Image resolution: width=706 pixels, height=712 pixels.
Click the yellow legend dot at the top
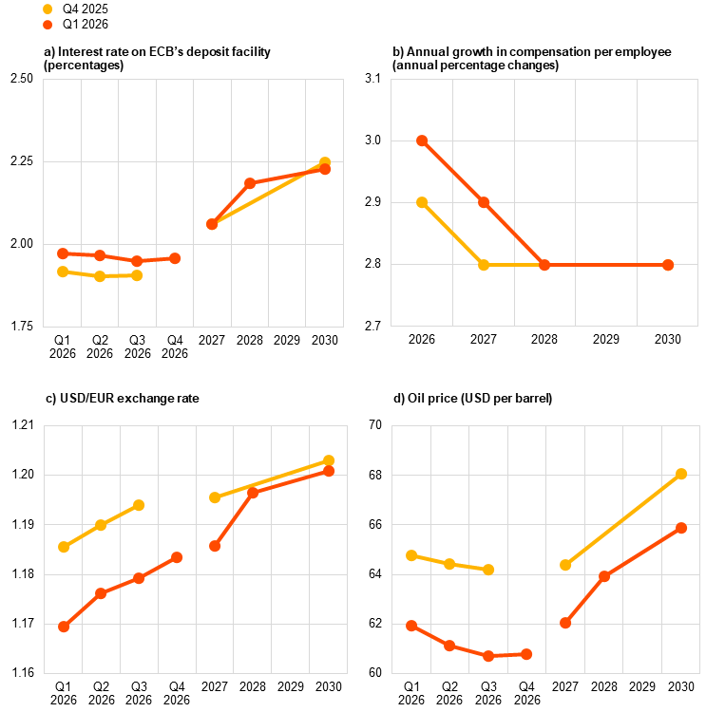click(48, 9)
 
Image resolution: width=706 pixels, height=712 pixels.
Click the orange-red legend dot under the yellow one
click(48, 25)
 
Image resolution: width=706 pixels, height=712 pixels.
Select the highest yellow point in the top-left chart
click(325, 162)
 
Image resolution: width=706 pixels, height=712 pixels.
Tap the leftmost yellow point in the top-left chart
click(63, 272)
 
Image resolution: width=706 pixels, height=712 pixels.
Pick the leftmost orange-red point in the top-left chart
click(63, 253)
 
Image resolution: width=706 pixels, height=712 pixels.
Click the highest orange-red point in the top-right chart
click(422, 141)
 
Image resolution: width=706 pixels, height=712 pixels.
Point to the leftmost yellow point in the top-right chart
click(422, 202)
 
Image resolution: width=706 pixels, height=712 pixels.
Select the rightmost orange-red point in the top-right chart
click(668, 265)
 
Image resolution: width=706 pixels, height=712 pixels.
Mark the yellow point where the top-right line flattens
click(484, 265)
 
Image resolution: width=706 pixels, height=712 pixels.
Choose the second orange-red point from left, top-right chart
click(484, 202)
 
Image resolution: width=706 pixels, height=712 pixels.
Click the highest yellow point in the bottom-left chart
click(329, 460)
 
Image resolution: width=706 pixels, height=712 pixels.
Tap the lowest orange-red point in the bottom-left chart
click(64, 627)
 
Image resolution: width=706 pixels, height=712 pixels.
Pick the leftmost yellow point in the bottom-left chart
click(64, 547)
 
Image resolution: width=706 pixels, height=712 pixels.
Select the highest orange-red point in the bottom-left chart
click(329, 471)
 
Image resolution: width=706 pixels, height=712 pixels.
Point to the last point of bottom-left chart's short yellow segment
click(139, 505)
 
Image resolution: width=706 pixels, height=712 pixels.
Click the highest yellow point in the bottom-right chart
click(681, 474)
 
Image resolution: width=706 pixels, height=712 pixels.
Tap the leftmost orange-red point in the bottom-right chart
click(411, 626)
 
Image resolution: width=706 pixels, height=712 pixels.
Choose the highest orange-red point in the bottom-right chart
click(681, 528)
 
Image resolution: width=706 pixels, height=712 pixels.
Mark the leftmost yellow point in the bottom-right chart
click(411, 555)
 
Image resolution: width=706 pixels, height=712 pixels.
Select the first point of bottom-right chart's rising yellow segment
click(565, 565)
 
